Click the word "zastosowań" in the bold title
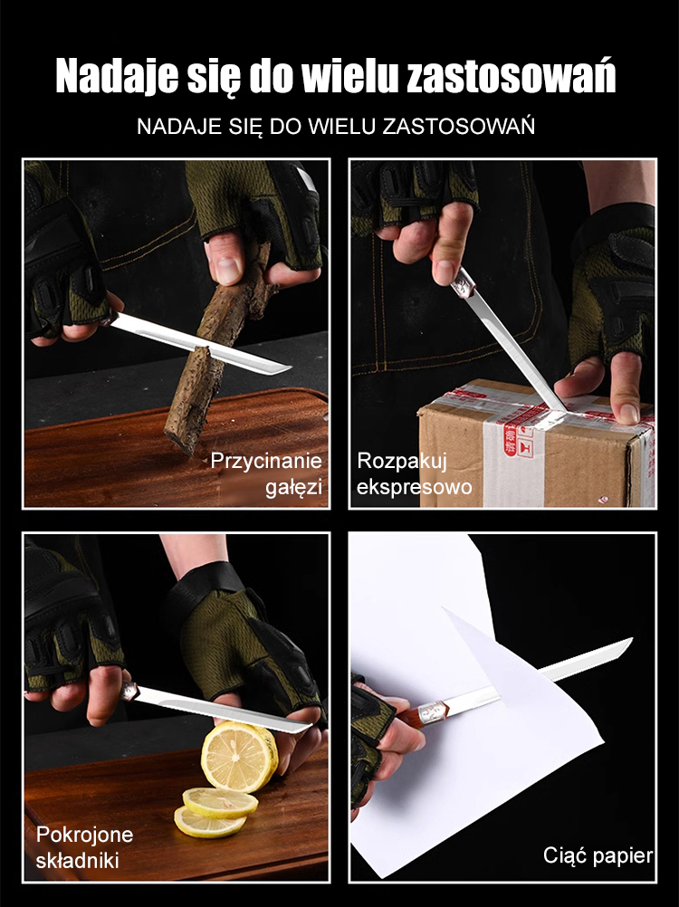pos(511,75)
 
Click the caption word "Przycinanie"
pos(266,461)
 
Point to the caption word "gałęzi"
pos(294,487)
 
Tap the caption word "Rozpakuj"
pos(402,461)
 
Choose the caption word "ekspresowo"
pos(414,487)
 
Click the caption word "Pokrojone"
pos(84,834)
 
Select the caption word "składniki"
pos(78,860)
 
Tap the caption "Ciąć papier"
pos(598,855)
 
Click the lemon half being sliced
pos(239,756)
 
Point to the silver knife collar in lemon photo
pos(129,691)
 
